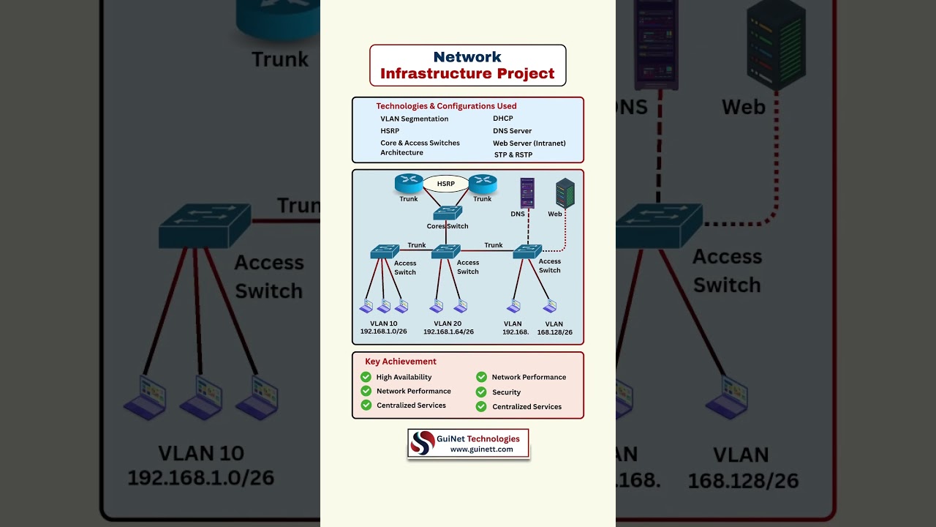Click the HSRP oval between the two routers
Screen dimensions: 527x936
coord(446,184)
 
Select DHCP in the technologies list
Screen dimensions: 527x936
coord(503,119)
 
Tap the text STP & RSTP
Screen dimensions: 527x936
coord(513,155)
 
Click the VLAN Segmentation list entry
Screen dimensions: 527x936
coord(414,119)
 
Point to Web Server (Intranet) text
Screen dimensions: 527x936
coord(529,143)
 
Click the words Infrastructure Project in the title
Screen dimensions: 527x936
coord(467,74)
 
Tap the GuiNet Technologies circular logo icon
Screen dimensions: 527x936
coord(423,443)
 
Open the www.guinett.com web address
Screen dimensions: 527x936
coord(481,449)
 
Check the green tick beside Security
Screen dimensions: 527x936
coord(481,392)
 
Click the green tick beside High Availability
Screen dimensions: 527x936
coord(366,377)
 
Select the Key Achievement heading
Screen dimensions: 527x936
coord(401,362)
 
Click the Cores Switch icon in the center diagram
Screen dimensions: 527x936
coord(448,213)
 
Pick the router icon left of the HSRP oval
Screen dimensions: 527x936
coord(409,183)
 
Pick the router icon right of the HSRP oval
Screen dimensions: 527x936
coord(483,183)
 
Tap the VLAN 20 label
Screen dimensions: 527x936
coord(448,324)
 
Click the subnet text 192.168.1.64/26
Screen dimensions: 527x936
coord(448,332)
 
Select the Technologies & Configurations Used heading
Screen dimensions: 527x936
coord(446,106)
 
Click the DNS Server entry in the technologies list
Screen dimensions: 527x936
coord(512,131)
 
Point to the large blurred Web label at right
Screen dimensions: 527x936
coord(744,107)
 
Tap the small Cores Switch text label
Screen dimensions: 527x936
coord(448,227)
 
